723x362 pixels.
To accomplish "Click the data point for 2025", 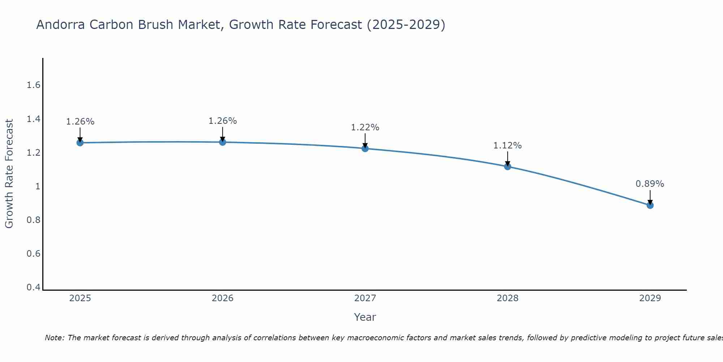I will click(x=80, y=143).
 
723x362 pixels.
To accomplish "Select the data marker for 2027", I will click(x=365, y=148).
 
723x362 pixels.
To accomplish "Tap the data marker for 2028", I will click(x=508, y=167).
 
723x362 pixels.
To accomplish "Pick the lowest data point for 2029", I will click(x=650, y=205).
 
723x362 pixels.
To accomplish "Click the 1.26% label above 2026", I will click(x=223, y=121).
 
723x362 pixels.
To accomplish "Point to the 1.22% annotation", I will click(x=365, y=127).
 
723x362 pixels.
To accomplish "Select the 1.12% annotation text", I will click(x=508, y=146).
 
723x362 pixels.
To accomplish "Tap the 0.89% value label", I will click(x=650, y=184).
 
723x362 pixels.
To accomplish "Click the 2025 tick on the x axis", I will click(x=80, y=298).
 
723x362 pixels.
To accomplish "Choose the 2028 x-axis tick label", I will click(x=508, y=298).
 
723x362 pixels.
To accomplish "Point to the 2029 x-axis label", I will click(x=650, y=298).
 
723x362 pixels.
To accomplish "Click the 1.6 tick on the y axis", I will click(x=33, y=85).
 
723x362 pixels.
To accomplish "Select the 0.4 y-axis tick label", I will click(x=33, y=287).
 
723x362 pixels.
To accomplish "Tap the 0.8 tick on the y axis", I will click(x=33, y=220).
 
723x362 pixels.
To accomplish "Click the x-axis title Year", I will click(x=365, y=317).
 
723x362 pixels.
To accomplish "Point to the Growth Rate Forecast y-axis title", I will click(x=9, y=174).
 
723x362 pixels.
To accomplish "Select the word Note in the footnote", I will click(x=54, y=338).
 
